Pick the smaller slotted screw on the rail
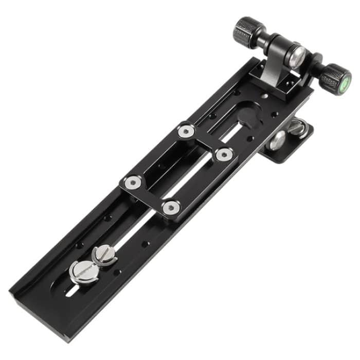click(104, 254)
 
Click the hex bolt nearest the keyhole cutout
click(186, 131)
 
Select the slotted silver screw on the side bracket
click(295, 127)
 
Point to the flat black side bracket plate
click(288, 150)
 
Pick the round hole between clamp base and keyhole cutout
click(263, 96)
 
